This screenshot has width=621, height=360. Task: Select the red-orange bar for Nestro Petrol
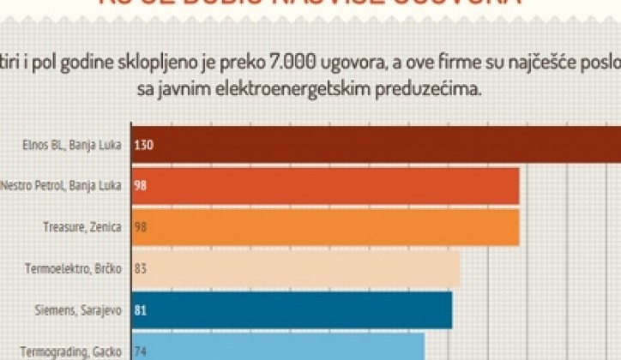click(326, 185)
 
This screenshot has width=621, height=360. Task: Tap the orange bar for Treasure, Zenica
click(326, 226)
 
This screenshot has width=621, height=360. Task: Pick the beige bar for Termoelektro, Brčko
click(296, 268)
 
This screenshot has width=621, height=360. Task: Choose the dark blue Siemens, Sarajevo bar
click(292, 309)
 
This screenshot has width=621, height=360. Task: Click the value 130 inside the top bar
click(143, 145)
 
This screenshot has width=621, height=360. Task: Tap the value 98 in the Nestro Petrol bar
click(141, 186)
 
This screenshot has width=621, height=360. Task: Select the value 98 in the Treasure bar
click(141, 227)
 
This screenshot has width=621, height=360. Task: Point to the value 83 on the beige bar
click(141, 268)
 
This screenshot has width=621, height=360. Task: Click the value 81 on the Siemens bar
click(141, 309)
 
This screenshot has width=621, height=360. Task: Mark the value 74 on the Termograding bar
click(141, 351)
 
